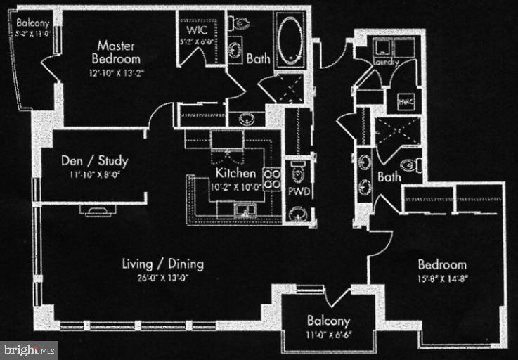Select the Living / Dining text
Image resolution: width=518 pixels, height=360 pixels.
[162, 264]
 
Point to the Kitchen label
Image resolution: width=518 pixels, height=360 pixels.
[235, 173]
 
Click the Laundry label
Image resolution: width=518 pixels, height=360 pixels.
[386, 63]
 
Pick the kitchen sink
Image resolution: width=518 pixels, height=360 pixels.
[246, 208]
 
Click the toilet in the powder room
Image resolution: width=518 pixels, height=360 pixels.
[298, 172]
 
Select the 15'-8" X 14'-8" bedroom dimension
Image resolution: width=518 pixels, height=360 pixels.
[442, 278]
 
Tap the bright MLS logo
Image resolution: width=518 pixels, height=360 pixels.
[30, 349]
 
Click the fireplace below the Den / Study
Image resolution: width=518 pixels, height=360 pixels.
[92, 209]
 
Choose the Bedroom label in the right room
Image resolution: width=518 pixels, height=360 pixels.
[442, 265]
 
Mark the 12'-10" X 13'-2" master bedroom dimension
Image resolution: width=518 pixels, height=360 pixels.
[118, 72]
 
